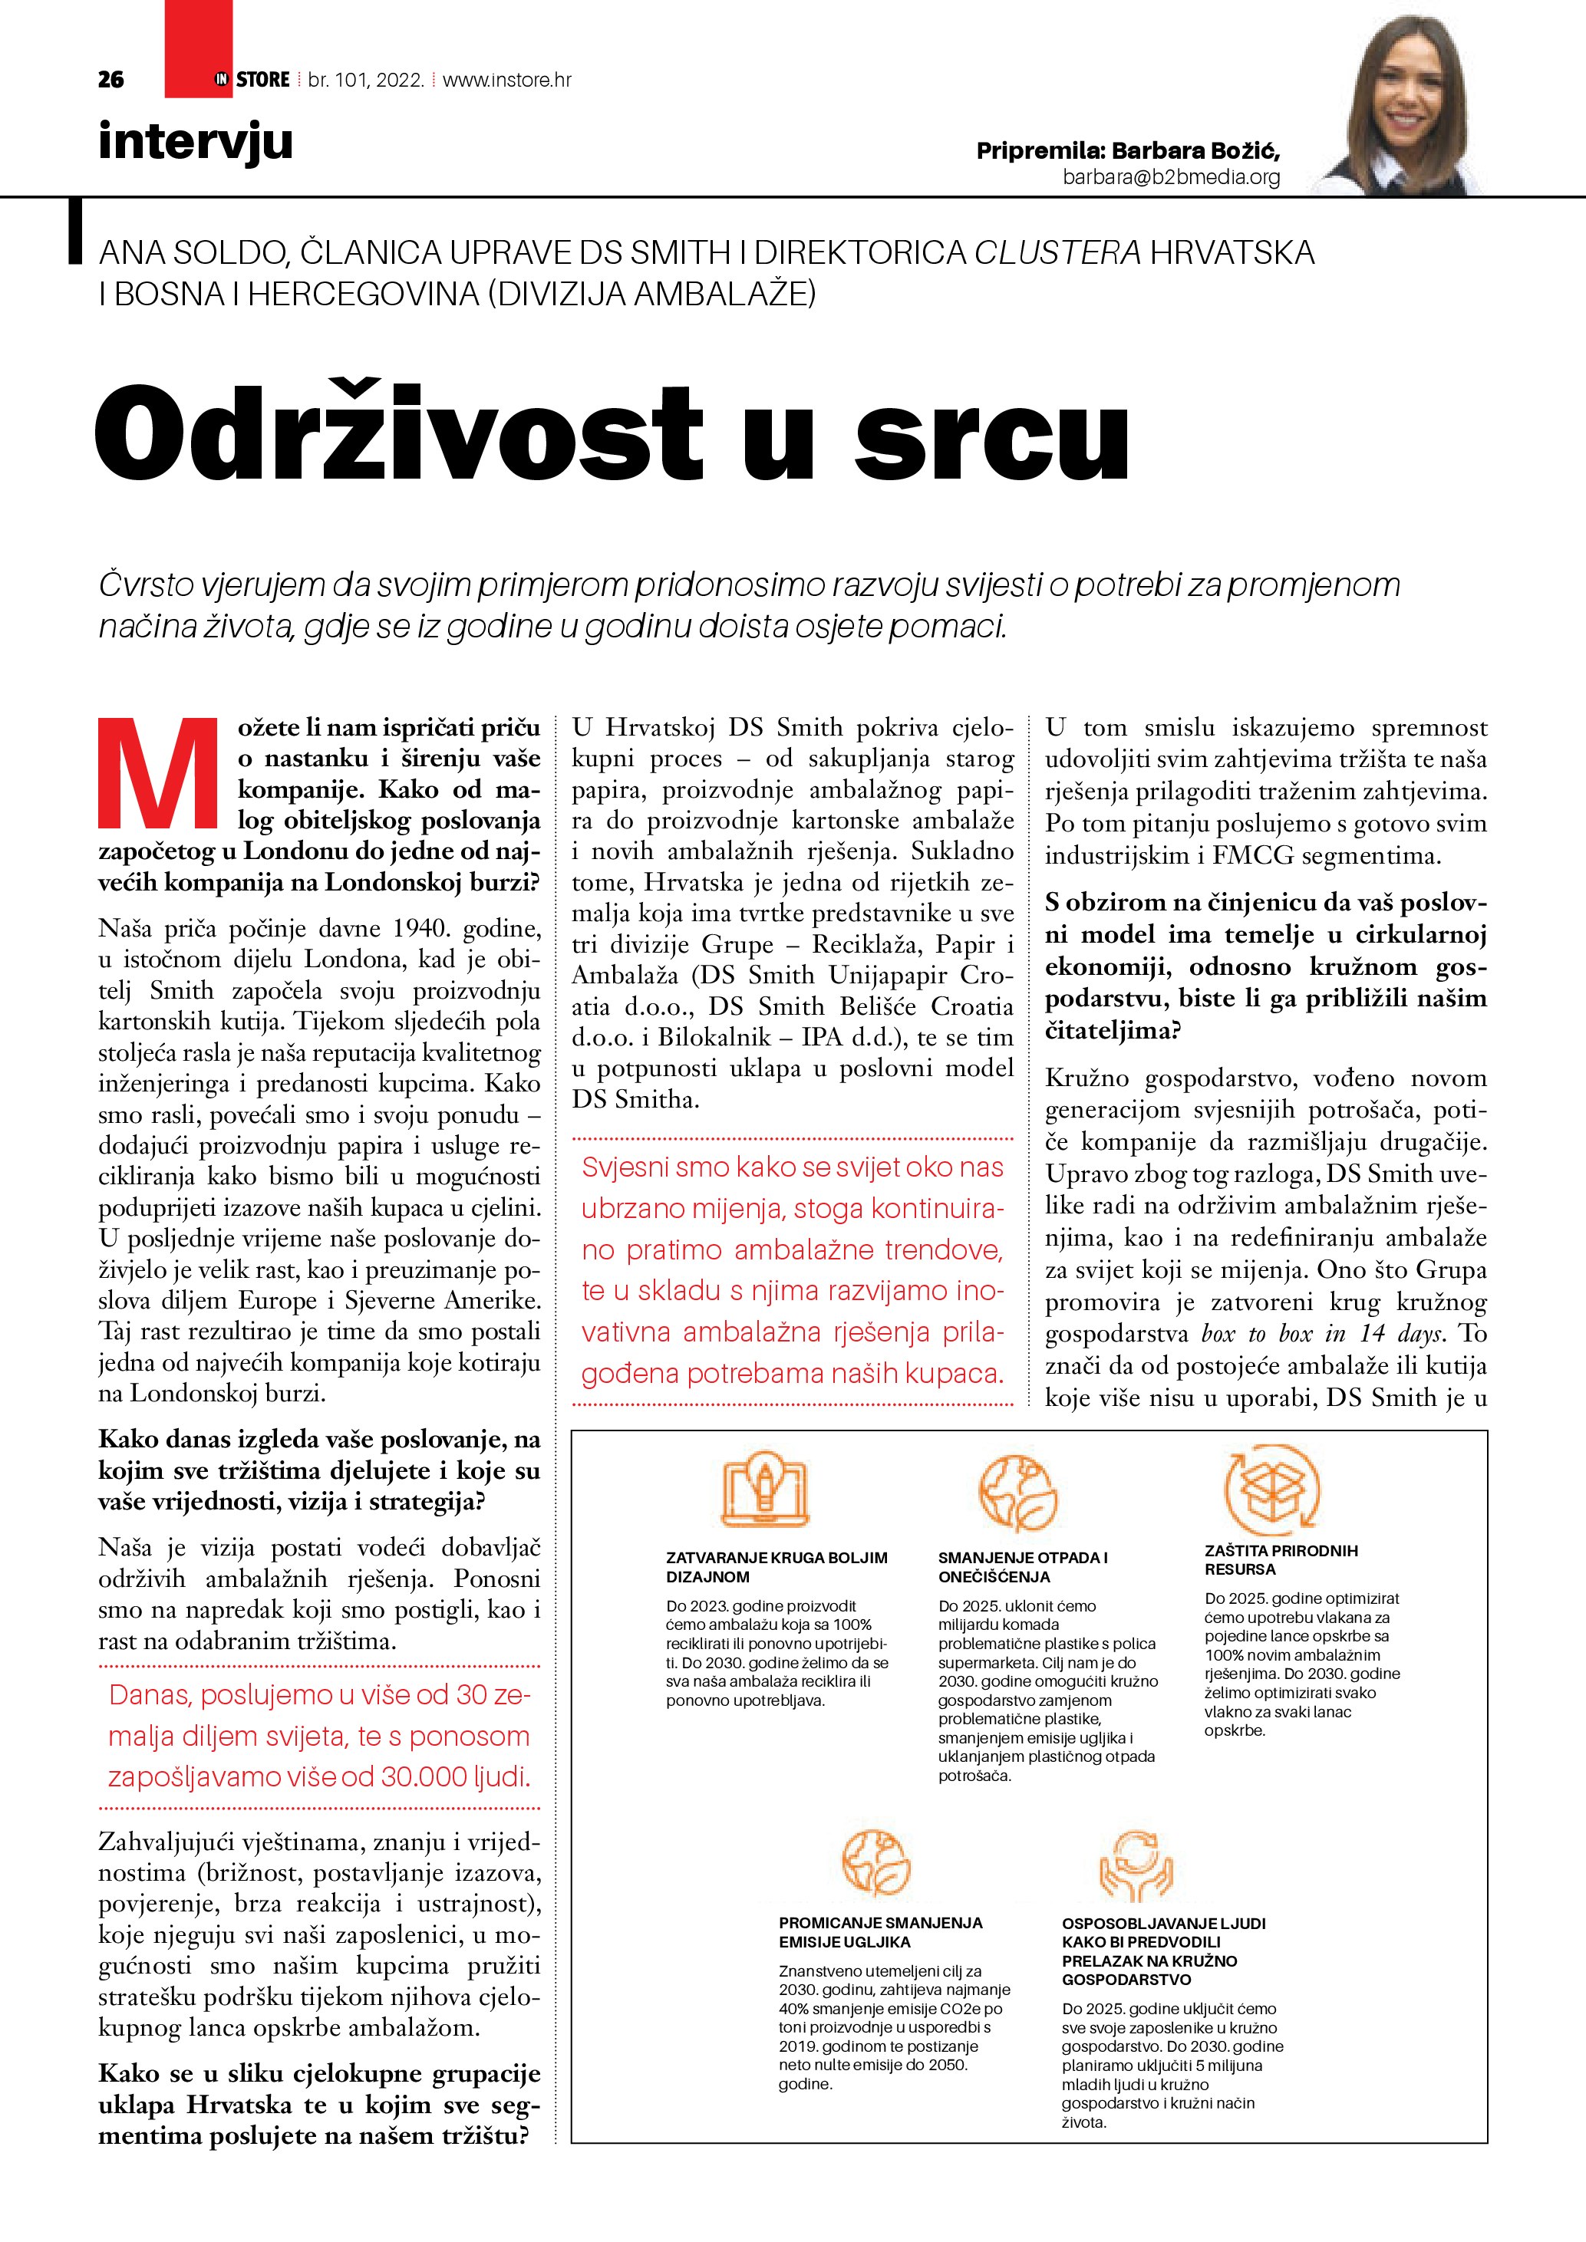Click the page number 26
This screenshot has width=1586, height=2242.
[110, 80]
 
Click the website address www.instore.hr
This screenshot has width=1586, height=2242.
[507, 80]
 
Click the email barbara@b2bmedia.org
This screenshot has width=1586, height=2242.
[1171, 176]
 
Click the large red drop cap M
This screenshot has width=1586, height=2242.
[157, 772]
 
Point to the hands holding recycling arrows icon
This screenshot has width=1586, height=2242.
[1135, 1866]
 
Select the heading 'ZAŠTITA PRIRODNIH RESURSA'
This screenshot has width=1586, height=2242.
[1281, 1559]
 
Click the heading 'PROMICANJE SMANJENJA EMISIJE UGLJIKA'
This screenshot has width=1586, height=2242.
[880, 1931]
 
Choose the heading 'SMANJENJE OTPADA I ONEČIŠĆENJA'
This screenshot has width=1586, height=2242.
[1023, 1566]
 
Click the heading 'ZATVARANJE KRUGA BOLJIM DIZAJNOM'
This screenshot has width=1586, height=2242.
[777, 1566]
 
